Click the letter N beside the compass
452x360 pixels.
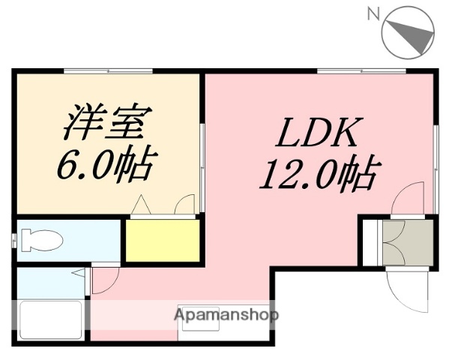pyautogui.click(x=373, y=13)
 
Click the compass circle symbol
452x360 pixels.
pyautogui.click(x=409, y=32)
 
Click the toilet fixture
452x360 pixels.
pyautogui.click(x=42, y=241)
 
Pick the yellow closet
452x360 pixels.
pyautogui.click(x=163, y=239)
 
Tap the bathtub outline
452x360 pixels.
pyautogui.click(x=51, y=320)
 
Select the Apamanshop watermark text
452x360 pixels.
pyautogui.click(x=226, y=315)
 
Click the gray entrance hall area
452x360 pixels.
pyautogui.click(x=407, y=241)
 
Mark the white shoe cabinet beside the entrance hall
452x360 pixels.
pyautogui.click(x=370, y=241)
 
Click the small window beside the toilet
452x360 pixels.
pyautogui.click(x=13, y=241)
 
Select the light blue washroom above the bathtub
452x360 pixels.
pyautogui.click(x=45, y=281)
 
